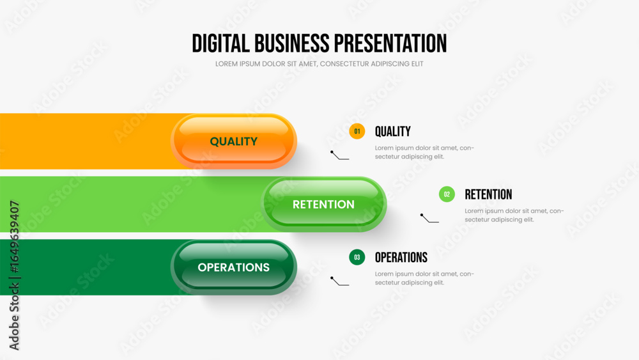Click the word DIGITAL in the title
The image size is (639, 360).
coord(220,43)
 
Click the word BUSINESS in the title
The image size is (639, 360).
coord(292,43)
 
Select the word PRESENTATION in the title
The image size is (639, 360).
coord(390,43)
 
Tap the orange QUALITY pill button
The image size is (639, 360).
coord(233,141)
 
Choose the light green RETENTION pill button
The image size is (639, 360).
coord(323,204)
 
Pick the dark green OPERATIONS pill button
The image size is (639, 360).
coord(233,267)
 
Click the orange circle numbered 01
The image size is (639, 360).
coord(357,131)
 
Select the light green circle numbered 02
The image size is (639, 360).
coord(447,194)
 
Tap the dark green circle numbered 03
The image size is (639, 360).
coord(357,257)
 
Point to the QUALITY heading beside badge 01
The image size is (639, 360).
coord(393,131)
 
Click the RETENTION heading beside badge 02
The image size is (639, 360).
coord(488,194)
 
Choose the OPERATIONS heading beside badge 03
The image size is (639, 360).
coord(401,257)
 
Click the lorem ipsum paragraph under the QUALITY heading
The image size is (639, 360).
coord(424,152)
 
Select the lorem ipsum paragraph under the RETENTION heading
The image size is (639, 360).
coord(514,215)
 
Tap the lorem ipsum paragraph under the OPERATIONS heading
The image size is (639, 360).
coord(424,278)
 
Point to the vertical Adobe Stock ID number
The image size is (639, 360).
coord(14,237)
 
